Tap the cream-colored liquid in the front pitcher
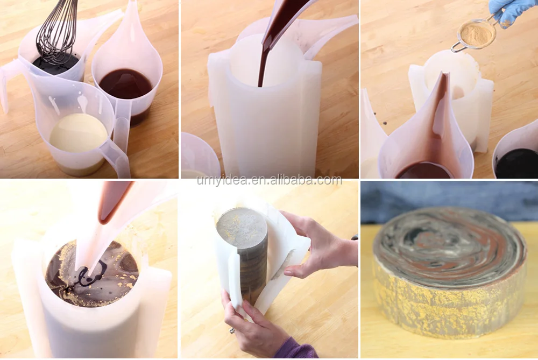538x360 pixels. tap(79, 132)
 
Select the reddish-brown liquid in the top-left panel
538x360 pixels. tap(125, 83)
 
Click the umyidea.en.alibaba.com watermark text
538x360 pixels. tap(269, 180)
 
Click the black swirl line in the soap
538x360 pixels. tap(86, 277)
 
